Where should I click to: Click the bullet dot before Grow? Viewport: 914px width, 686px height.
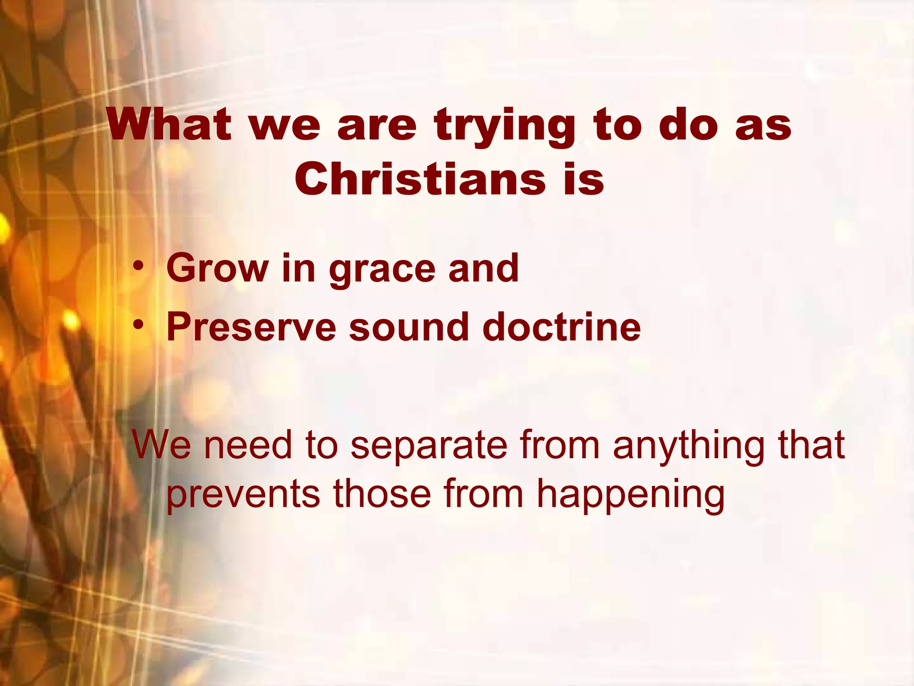[x=139, y=267]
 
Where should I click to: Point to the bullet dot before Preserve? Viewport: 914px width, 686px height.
[x=139, y=326]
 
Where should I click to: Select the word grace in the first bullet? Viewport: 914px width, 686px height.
[x=382, y=270]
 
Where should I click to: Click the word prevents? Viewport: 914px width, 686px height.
[x=243, y=495]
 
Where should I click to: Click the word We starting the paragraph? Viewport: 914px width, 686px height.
[x=161, y=445]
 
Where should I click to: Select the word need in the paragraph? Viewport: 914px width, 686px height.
[x=248, y=445]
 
